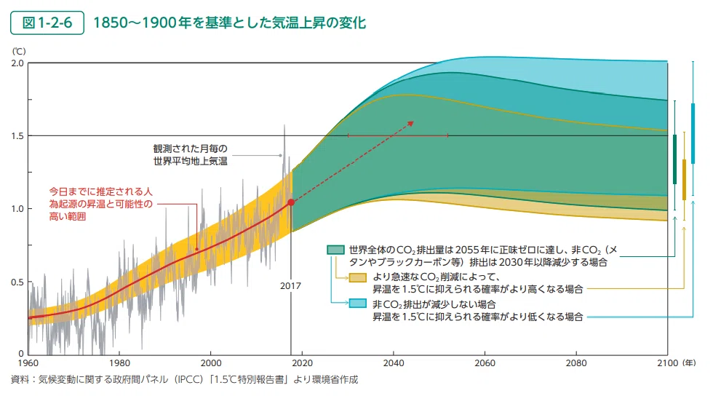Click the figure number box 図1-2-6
tap(47, 23)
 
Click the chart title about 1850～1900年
tap(230, 23)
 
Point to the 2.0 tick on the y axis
tap(17, 63)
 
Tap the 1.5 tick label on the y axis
tap(17, 136)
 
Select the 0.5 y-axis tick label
tap(17, 282)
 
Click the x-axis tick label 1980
tap(119, 363)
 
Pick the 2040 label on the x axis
tap(394, 363)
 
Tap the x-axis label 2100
tap(668, 363)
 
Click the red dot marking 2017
tap(291, 202)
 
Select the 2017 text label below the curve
tap(290, 286)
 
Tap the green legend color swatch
tap(335, 250)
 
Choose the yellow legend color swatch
tap(358, 277)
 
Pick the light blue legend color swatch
tap(358, 304)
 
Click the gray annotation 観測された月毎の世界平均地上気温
tap(190, 154)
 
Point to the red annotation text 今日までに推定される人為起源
tap(101, 204)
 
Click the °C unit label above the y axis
tap(19, 52)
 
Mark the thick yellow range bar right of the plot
tap(685, 180)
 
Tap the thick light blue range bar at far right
tap(693, 133)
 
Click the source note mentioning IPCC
tap(184, 379)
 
